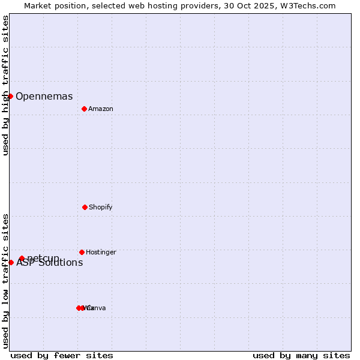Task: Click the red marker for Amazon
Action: click(x=84, y=109)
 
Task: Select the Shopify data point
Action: click(x=85, y=207)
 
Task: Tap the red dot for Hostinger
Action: click(x=82, y=252)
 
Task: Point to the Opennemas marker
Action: click(x=10, y=96)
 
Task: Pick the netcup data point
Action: click(x=22, y=258)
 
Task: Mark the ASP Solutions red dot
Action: click(x=11, y=262)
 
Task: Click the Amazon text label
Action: click(x=101, y=109)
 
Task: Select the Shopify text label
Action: click(x=101, y=207)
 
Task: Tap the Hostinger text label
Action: click(x=101, y=252)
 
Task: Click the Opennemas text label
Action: click(x=44, y=96)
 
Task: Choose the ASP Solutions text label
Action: click(x=50, y=263)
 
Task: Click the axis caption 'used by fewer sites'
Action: click(x=62, y=355)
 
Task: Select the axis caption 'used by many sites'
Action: click(x=301, y=355)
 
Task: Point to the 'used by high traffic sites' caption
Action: click(x=5, y=86)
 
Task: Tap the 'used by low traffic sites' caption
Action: click(x=5, y=281)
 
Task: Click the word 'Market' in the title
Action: click(x=39, y=5)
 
